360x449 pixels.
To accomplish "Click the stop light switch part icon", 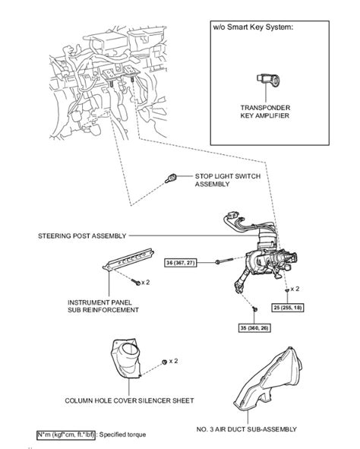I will point(172,178).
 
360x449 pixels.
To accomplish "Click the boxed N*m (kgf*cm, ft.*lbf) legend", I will point(64,434).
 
